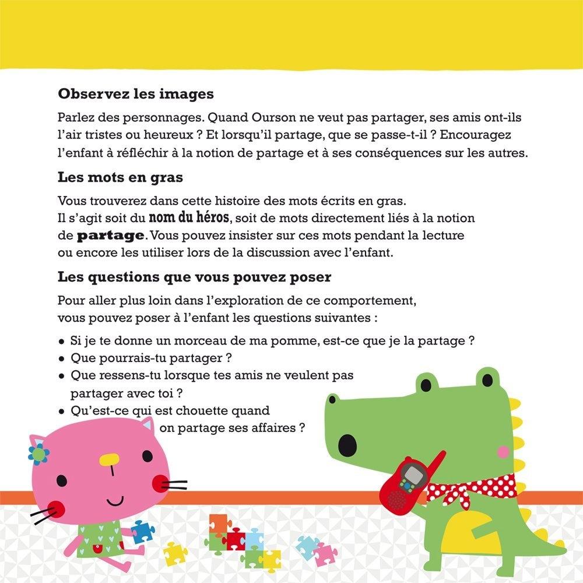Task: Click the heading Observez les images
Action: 136,94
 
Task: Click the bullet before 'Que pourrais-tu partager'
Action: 62,358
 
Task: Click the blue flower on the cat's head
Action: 38,453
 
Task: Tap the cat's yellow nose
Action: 109,461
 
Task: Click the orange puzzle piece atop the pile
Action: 217,522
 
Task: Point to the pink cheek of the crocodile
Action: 503,452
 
